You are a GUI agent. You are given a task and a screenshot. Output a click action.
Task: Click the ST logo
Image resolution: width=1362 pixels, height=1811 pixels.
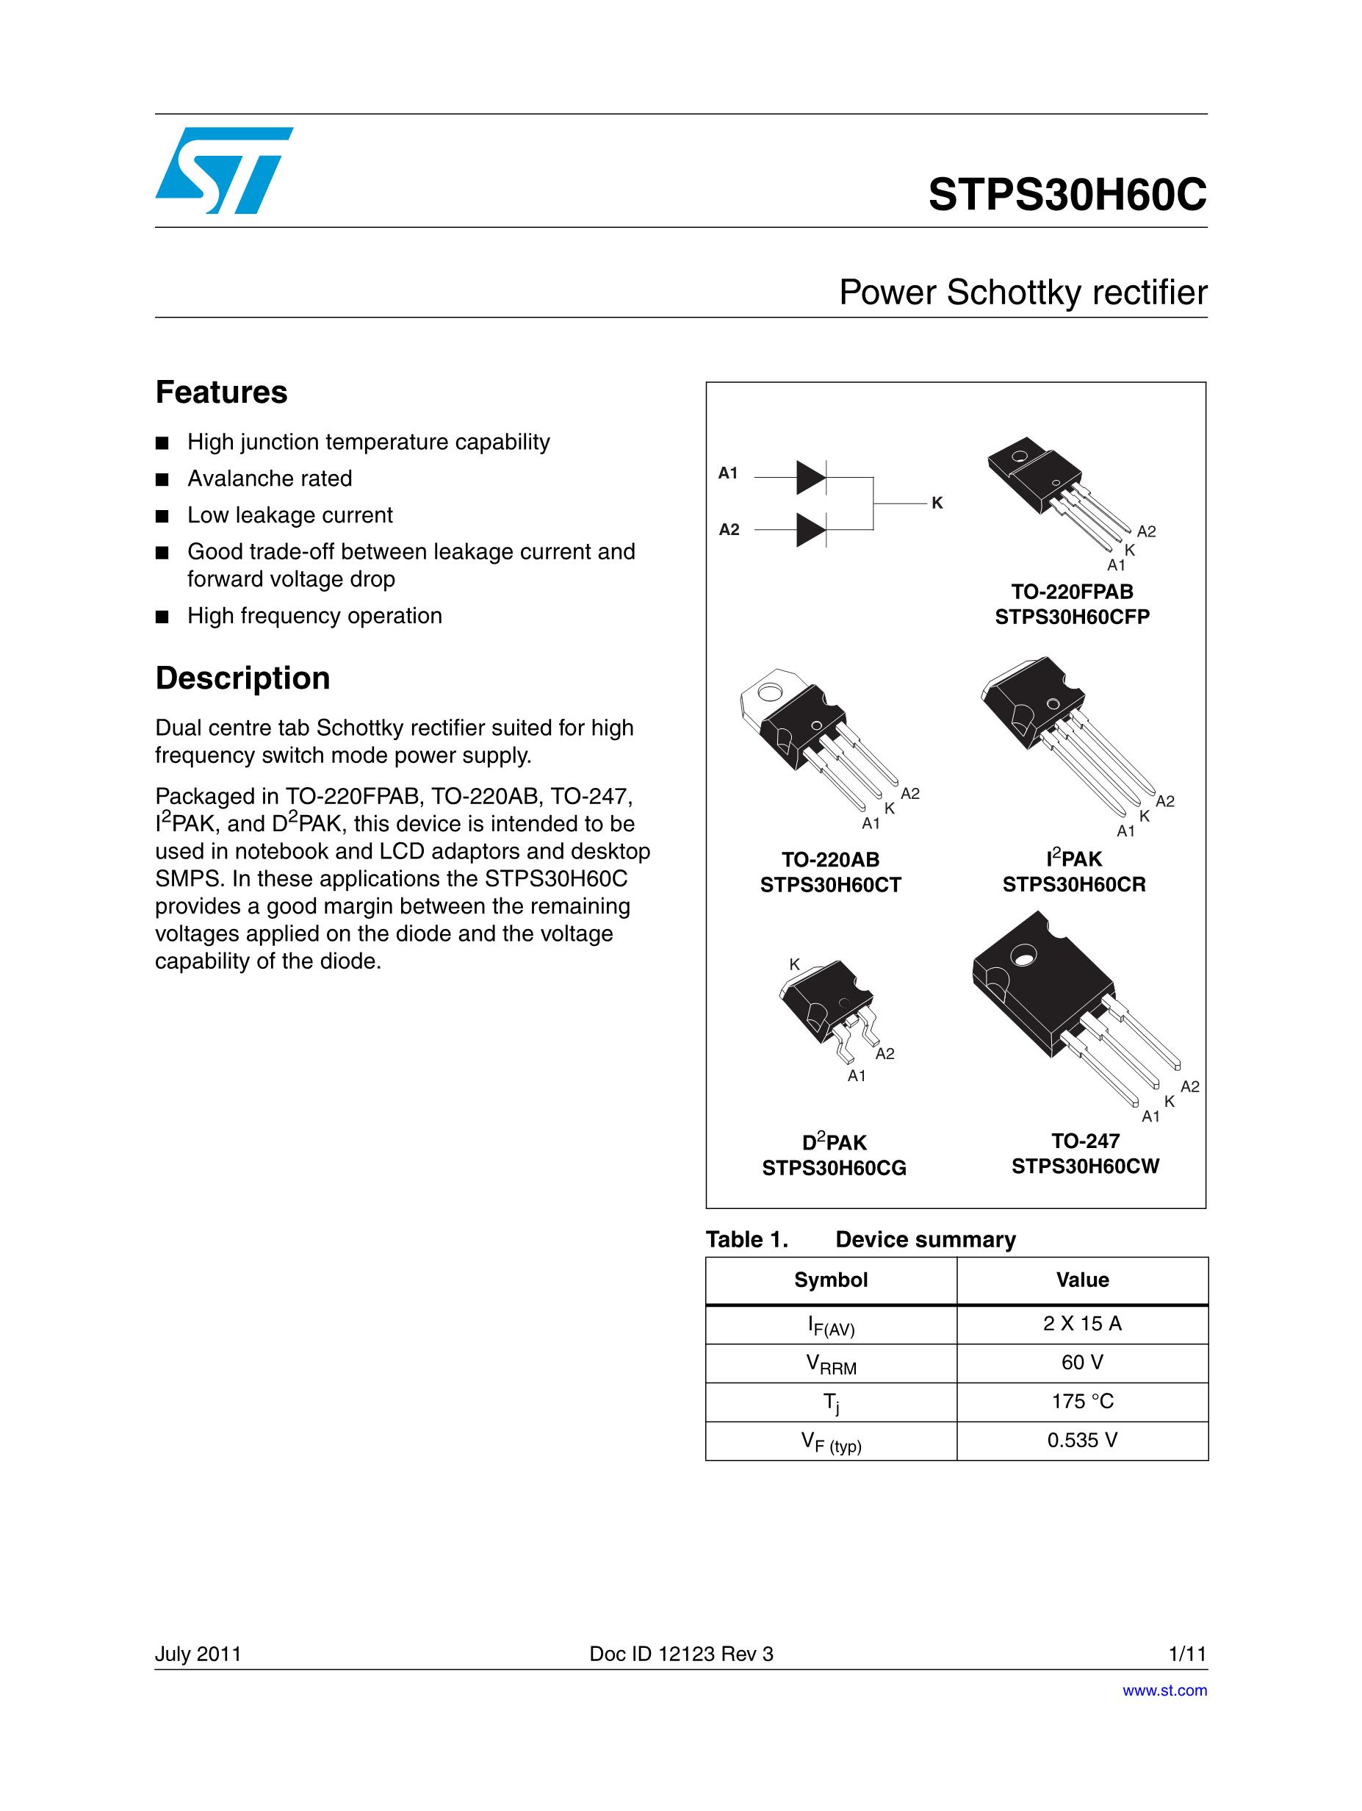(x=223, y=171)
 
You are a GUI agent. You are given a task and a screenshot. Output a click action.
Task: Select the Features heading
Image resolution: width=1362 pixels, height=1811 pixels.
(x=221, y=392)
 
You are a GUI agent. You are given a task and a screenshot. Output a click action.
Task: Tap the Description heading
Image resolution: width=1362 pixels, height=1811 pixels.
(x=242, y=678)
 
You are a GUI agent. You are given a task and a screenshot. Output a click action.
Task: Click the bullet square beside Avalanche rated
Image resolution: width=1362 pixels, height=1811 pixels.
(x=162, y=480)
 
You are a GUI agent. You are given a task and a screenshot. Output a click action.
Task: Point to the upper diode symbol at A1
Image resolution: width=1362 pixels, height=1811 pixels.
(x=811, y=477)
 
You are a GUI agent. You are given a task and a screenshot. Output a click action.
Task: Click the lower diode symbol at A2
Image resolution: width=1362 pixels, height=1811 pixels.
(x=811, y=531)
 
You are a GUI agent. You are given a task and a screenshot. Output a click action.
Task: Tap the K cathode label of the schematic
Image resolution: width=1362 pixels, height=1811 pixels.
(x=937, y=503)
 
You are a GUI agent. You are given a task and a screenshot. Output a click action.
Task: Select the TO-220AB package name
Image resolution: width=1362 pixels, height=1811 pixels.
(x=830, y=859)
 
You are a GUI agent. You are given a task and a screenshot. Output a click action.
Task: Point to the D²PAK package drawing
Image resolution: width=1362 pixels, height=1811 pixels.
(x=826, y=1011)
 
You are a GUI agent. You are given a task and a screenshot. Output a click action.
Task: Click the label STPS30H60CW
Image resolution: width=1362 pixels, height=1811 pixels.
(x=1084, y=1166)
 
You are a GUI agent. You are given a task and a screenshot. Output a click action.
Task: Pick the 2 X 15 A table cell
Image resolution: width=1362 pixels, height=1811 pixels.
(x=1082, y=1324)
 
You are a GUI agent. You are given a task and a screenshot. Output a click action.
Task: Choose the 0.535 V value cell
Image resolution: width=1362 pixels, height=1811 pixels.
(x=1082, y=1440)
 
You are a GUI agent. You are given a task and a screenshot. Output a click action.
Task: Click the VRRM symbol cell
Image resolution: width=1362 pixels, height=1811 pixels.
(x=831, y=1363)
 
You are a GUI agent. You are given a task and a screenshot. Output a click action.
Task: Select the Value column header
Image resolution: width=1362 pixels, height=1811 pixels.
(x=1082, y=1280)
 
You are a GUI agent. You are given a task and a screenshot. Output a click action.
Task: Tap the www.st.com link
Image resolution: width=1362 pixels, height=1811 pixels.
(x=1164, y=1690)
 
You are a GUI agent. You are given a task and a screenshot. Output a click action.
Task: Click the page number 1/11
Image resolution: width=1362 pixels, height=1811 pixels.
(x=1188, y=1654)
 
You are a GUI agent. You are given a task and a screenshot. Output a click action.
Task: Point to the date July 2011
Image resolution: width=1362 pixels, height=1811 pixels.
(x=198, y=1654)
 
